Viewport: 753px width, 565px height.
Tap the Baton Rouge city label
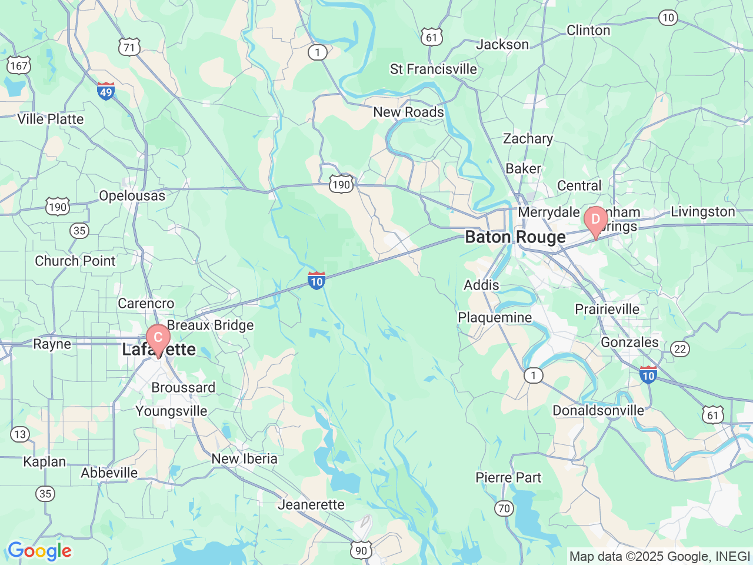[515, 237]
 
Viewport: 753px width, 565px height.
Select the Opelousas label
[132, 195]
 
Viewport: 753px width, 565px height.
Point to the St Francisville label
[434, 69]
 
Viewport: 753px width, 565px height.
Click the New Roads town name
[408, 112]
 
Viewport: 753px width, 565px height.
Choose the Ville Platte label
[51, 119]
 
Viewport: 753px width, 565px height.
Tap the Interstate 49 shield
[106, 91]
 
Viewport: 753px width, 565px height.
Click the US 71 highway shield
[129, 48]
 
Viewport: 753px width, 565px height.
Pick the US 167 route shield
[18, 65]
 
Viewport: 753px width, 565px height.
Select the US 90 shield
[361, 550]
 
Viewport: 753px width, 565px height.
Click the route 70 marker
[504, 507]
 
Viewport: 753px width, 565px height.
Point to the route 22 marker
[680, 349]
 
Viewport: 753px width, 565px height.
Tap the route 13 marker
[20, 434]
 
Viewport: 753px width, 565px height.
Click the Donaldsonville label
[598, 410]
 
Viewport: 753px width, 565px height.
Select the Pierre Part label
[508, 477]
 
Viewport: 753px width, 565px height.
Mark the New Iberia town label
[244, 458]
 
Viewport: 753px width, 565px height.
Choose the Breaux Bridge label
[210, 325]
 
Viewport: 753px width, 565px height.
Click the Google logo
[39, 551]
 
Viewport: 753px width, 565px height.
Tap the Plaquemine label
[495, 318]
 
